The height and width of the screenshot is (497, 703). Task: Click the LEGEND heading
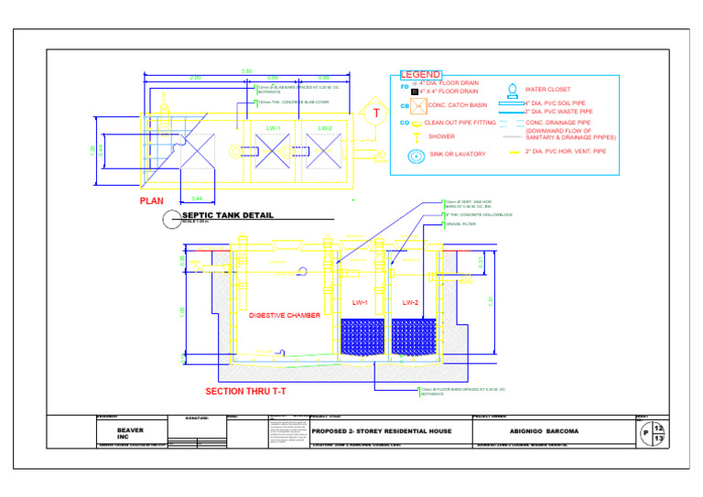coord(421,75)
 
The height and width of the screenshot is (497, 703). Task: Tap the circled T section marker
coord(375,112)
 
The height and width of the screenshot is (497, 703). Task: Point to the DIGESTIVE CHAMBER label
coord(285,316)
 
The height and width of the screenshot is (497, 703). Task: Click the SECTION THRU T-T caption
coord(245,391)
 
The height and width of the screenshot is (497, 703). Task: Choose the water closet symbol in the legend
coord(513,90)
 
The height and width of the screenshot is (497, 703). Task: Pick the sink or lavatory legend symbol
coord(416,155)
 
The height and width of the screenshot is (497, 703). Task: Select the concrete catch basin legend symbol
coord(417,105)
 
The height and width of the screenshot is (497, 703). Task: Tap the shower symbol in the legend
coord(416,136)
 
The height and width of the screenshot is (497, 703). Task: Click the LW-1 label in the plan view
coord(272,128)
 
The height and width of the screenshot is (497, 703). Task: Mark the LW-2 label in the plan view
coord(324,128)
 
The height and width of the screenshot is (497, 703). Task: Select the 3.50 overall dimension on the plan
coord(246,71)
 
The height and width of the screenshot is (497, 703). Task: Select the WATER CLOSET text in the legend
coord(547,90)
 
